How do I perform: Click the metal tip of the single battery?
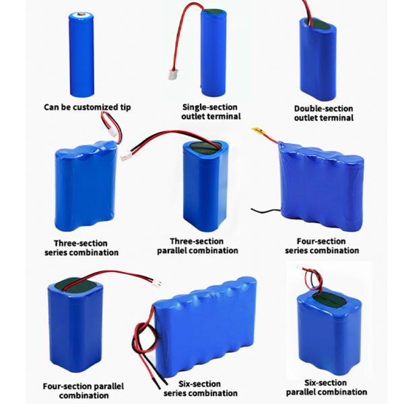[x=81, y=13]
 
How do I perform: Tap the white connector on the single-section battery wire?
[x=172, y=75]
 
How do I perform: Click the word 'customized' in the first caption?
[x=91, y=107]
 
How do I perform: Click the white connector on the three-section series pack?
[x=112, y=133]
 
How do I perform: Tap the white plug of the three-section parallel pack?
[x=126, y=156]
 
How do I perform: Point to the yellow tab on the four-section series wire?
[x=259, y=131]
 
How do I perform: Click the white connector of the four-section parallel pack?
[x=157, y=283]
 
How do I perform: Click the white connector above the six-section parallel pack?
[x=300, y=268]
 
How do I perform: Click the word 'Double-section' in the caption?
[x=324, y=108]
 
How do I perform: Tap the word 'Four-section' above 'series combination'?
[x=321, y=242]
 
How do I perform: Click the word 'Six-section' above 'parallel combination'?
[x=326, y=382]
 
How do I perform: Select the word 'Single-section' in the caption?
[x=209, y=107]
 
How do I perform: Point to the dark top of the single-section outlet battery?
[x=213, y=12]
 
